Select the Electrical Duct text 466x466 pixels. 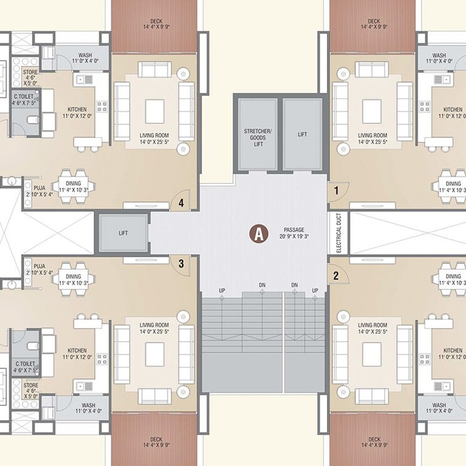click(x=338, y=233)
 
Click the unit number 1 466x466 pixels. click(x=336, y=189)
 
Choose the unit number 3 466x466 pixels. click(x=181, y=263)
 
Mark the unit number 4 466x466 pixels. click(x=181, y=203)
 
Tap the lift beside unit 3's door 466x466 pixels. click(x=123, y=232)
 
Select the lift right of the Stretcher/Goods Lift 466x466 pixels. click(x=302, y=134)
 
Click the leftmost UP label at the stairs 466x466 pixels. click(x=222, y=291)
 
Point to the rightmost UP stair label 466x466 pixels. click(x=315, y=291)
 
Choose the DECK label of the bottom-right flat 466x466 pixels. click(x=374, y=443)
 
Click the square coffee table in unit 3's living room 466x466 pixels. click(x=154, y=354)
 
